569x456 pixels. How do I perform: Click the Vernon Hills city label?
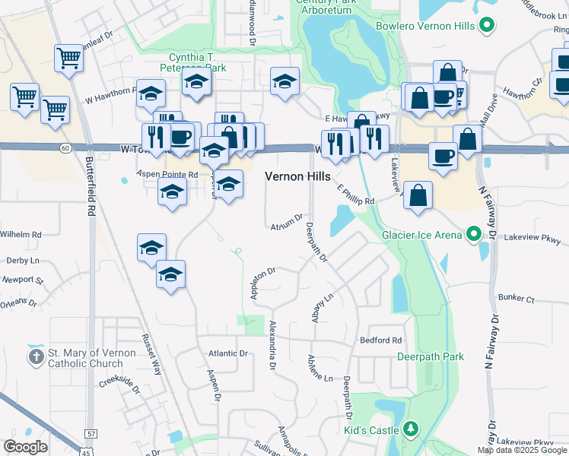(x=297, y=176)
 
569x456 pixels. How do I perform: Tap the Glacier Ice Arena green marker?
(x=474, y=234)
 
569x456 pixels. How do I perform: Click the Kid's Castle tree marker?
(x=412, y=430)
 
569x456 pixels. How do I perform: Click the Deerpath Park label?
(x=431, y=356)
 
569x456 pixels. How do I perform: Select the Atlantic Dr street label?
(x=228, y=353)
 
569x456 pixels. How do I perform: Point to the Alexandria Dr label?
(x=272, y=345)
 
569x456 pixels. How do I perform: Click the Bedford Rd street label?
(x=380, y=340)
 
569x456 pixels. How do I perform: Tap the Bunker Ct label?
(x=515, y=299)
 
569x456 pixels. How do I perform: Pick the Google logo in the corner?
(x=25, y=447)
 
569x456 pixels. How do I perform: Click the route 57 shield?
(x=91, y=433)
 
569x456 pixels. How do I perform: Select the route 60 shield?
(x=66, y=147)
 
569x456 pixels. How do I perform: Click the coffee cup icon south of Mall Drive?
(x=443, y=155)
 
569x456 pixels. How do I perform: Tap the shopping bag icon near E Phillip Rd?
(x=418, y=195)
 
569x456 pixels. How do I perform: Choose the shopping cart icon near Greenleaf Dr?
(x=68, y=58)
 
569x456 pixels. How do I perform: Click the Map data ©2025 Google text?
(x=523, y=450)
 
